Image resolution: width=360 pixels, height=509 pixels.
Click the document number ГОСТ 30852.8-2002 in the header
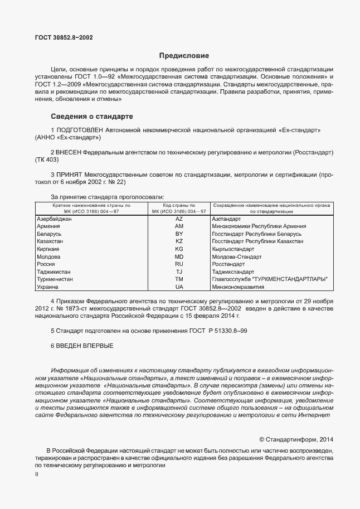pos(64,37)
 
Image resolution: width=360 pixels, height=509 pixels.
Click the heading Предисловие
pos(184,56)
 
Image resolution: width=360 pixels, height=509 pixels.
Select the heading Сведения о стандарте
pos(91,117)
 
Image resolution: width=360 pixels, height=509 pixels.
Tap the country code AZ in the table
pos(179,219)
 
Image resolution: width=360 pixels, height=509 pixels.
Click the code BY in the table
pos(179,234)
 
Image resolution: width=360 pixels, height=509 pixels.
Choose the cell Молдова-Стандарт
pos(237,256)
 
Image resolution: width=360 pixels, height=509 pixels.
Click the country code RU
pos(179,264)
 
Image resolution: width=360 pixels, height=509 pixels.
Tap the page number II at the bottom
pos(36,474)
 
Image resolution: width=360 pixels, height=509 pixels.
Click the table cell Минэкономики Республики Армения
pos(259,226)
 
